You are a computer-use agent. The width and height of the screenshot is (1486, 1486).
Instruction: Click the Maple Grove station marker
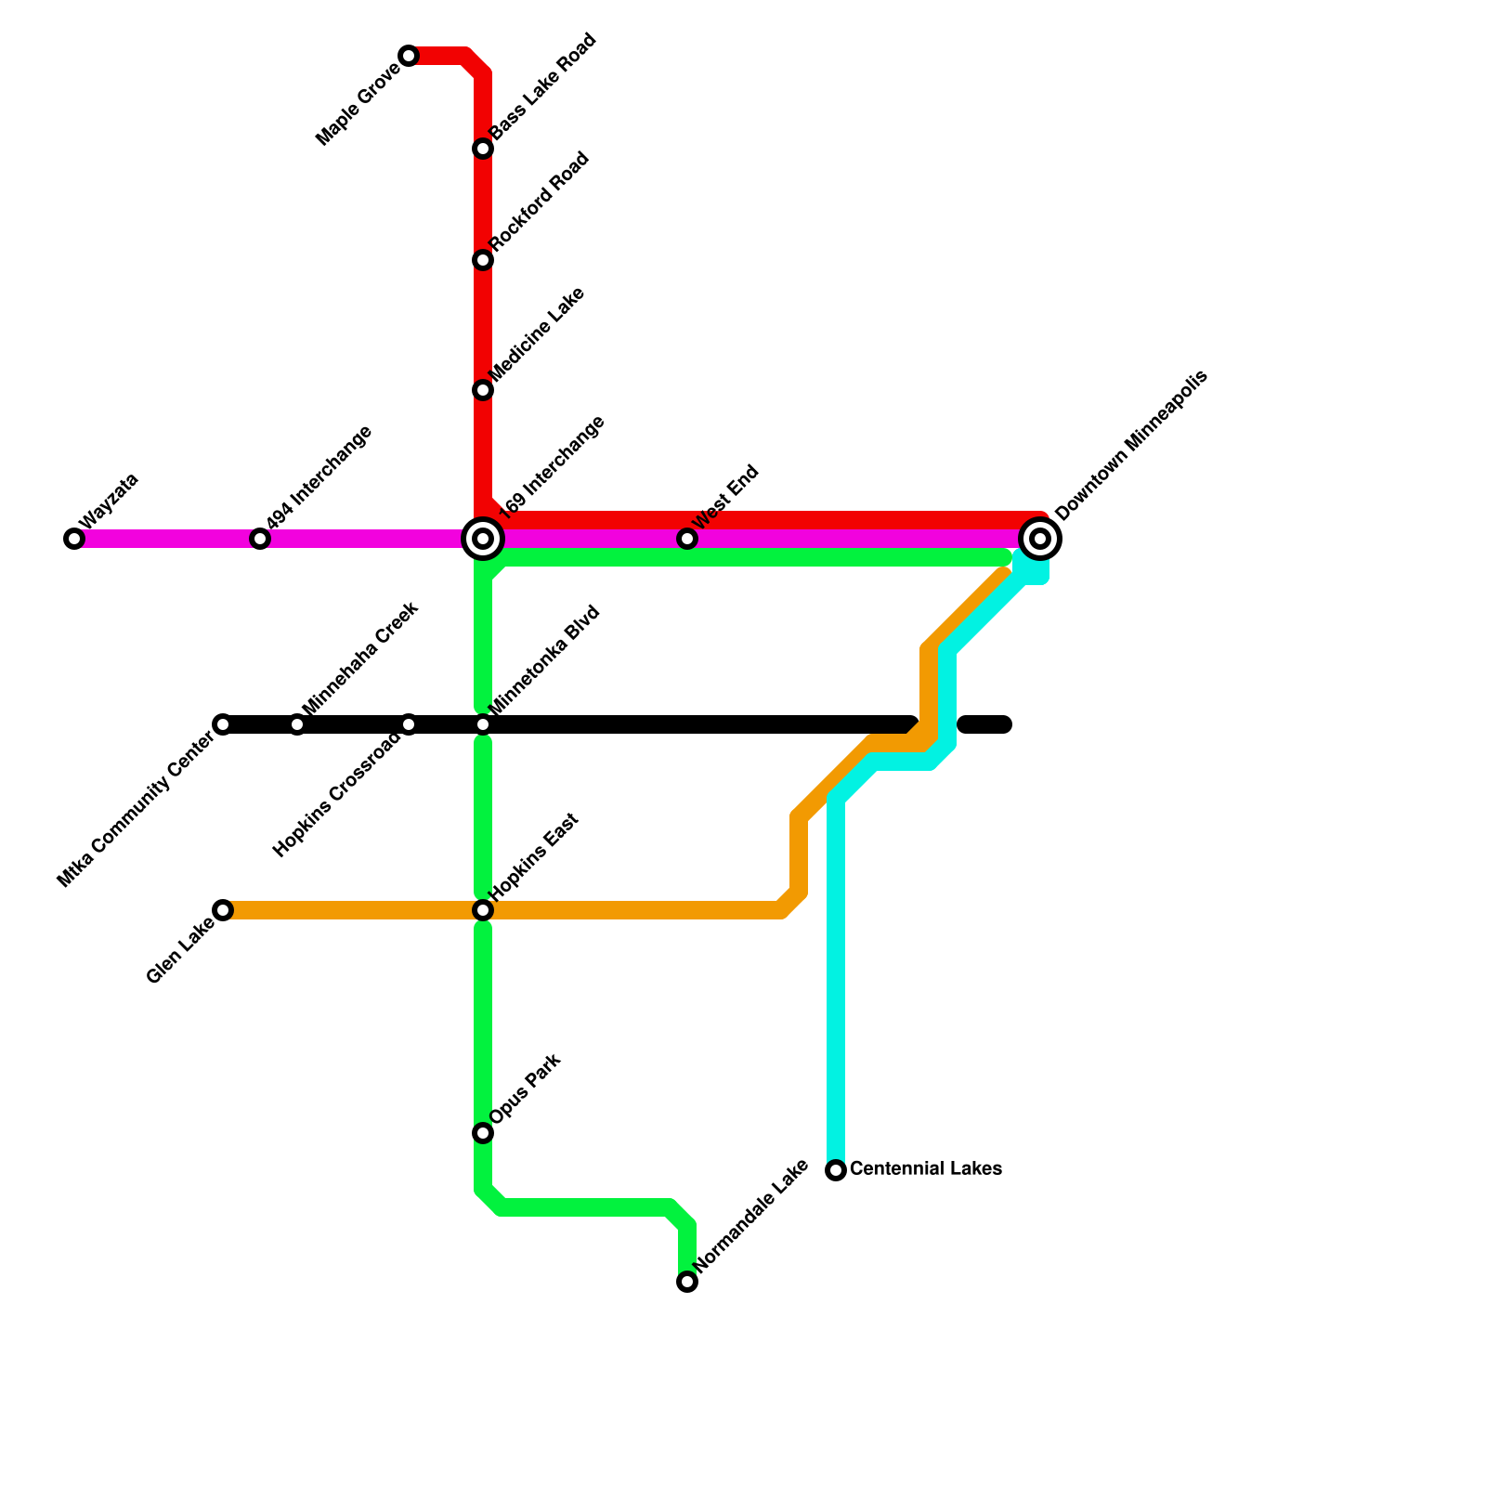tap(409, 57)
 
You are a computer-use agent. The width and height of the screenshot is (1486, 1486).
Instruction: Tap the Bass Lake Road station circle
tap(483, 149)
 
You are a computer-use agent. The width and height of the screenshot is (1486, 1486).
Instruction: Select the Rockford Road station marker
tap(483, 260)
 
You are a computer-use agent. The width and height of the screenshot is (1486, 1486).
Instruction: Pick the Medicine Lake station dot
tap(483, 390)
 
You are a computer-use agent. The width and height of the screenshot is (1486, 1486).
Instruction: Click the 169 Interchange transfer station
tap(483, 538)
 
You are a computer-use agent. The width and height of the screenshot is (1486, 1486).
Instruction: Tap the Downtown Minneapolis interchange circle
tap(1040, 538)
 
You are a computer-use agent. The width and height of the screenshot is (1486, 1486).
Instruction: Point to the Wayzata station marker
tap(74, 539)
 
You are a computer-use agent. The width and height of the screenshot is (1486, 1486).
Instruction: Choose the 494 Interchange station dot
tap(260, 539)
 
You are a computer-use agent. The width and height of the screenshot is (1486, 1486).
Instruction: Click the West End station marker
tap(687, 539)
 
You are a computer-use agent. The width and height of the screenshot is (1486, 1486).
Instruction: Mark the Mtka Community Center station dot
tap(223, 724)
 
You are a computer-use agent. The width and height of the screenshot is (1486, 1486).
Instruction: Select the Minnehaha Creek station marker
tap(297, 724)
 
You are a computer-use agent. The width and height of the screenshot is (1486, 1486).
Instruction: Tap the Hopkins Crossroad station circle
tap(409, 724)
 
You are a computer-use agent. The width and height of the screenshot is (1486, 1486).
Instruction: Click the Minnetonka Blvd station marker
tap(483, 724)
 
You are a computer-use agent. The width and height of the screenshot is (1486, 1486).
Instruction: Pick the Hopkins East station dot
tap(483, 910)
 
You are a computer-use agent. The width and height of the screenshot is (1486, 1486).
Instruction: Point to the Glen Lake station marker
tap(223, 910)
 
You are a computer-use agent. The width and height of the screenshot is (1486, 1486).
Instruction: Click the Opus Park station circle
tap(483, 1133)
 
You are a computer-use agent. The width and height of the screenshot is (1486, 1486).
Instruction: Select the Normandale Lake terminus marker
tap(687, 1282)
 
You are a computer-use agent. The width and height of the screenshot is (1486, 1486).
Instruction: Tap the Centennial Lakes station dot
tap(836, 1170)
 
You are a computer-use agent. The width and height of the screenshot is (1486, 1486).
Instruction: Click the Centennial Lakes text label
tap(926, 1168)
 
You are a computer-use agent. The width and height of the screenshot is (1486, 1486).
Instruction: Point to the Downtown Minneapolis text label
tap(1131, 445)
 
